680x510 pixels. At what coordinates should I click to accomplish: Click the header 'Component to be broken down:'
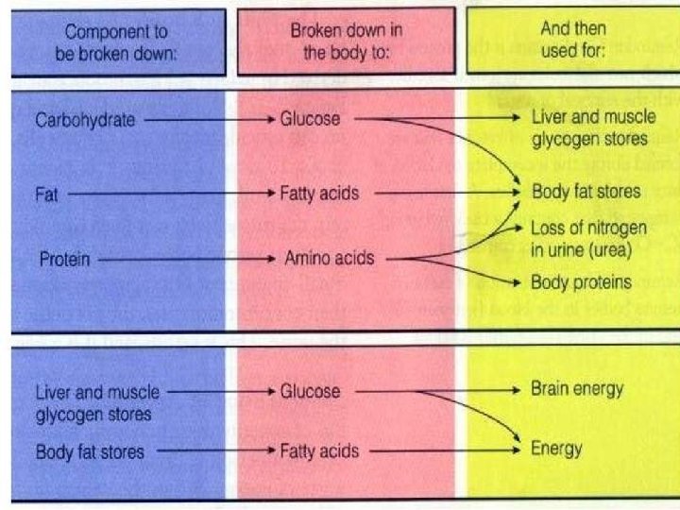click(117, 41)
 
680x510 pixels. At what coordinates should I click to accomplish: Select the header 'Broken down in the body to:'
click(346, 41)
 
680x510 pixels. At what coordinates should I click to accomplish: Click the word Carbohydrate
click(86, 120)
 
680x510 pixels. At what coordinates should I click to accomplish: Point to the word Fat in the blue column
click(46, 194)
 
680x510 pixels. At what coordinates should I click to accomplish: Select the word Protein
click(64, 258)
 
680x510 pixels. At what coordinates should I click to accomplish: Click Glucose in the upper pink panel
click(310, 120)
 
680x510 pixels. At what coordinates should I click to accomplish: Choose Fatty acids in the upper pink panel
click(320, 194)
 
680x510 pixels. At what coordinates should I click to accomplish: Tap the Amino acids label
click(329, 258)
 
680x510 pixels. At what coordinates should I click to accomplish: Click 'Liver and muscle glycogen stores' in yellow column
click(589, 129)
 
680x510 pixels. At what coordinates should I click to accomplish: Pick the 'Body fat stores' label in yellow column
click(586, 192)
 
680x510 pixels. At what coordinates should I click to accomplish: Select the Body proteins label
click(580, 281)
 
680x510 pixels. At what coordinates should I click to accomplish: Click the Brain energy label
click(576, 389)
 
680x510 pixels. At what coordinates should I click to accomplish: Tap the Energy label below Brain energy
click(555, 449)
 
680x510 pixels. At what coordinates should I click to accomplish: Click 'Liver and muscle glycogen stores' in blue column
click(97, 402)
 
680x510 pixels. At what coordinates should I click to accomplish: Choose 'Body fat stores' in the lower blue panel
click(90, 451)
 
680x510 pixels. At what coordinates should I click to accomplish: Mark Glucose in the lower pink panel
click(310, 390)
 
